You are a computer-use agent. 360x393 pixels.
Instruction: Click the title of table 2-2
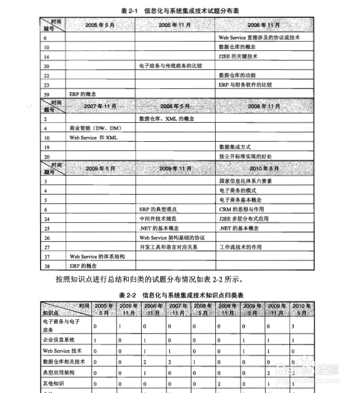click(x=186, y=295)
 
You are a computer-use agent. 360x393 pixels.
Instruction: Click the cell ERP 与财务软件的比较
click(x=245, y=84)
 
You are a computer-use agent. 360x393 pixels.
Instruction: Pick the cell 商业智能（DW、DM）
click(x=95, y=128)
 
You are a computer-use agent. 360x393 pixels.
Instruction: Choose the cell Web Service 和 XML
click(x=93, y=138)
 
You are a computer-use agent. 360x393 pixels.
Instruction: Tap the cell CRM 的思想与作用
click(x=240, y=209)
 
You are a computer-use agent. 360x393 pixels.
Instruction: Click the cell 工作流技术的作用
click(x=240, y=246)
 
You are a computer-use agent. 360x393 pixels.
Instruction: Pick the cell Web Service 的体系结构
click(x=97, y=255)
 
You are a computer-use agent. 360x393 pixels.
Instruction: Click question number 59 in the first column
click(x=47, y=93)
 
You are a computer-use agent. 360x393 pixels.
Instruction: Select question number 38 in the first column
click(x=47, y=265)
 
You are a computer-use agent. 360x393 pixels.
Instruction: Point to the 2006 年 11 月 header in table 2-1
click(x=264, y=25)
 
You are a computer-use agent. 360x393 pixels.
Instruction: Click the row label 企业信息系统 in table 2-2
click(x=58, y=339)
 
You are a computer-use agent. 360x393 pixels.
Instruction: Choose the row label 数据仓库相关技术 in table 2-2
click(x=63, y=361)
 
